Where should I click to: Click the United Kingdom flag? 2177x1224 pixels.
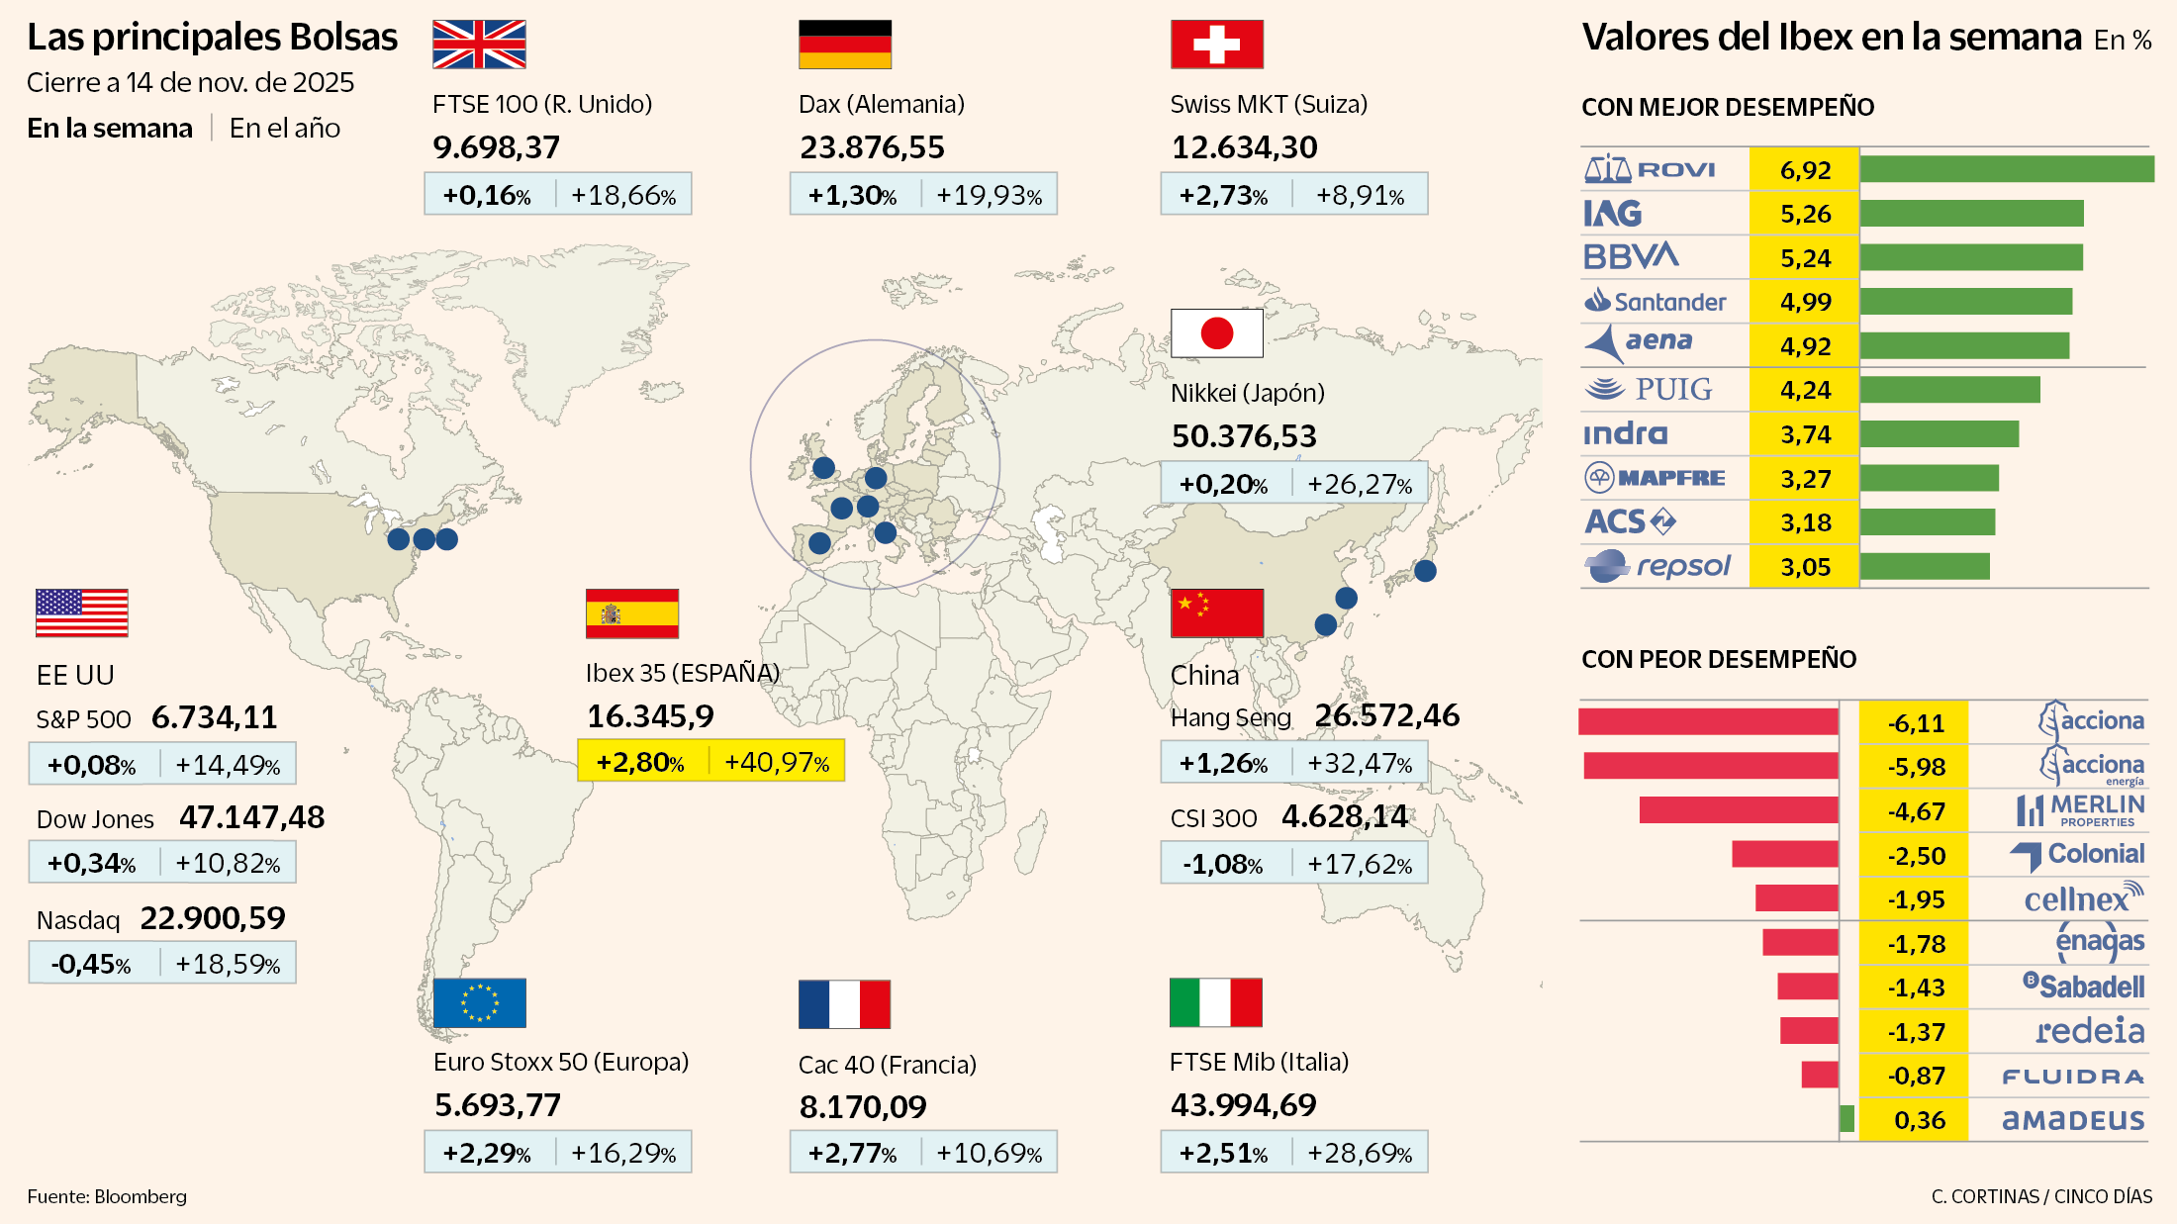(479, 45)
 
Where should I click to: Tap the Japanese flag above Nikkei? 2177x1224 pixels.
(1216, 333)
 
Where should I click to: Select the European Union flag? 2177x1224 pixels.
(479, 1003)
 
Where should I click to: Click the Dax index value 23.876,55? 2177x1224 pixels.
(872, 147)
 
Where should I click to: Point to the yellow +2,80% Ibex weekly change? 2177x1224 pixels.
(640, 762)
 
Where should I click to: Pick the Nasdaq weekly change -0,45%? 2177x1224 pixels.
(91, 964)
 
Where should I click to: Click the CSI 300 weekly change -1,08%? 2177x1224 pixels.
(1223, 864)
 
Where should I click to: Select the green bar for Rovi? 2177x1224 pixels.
(2006, 169)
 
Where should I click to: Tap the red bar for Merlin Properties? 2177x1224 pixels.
(1738, 810)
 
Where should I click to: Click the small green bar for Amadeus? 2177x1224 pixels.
(1846, 1119)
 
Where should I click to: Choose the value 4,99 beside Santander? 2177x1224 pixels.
(1805, 302)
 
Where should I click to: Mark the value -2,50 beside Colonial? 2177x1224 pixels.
(1916, 856)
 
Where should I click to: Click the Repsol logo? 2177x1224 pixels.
(1657, 567)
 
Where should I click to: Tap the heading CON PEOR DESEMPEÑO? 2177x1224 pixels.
(1719, 659)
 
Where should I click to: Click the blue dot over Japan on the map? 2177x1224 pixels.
(1425, 570)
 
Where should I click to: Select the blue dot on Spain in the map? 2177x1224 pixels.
(819, 542)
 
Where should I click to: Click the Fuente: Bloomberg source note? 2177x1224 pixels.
(107, 1196)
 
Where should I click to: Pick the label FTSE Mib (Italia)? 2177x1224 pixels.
(1259, 1062)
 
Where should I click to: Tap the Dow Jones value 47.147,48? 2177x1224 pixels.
(251, 817)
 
